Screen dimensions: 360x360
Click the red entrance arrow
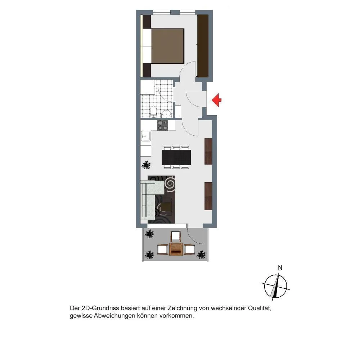pyautogui.click(x=216, y=100)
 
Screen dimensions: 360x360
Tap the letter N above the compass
pyautogui.click(x=280, y=267)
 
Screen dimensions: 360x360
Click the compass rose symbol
pyautogui.click(x=275, y=286)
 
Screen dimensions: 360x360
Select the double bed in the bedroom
pyautogui.click(x=163, y=46)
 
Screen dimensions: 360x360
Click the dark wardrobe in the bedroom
pyautogui.click(x=203, y=46)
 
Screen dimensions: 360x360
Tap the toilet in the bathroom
pyautogui.click(x=153, y=111)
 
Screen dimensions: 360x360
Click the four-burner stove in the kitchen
pyautogui.click(x=163, y=126)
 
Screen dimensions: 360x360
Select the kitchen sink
pyautogui.click(x=146, y=136)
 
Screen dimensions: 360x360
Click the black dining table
pyautogui.click(x=176, y=157)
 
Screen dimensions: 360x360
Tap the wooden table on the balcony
pyautogui.click(x=176, y=249)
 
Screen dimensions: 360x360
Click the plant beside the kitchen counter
pyautogui.click(x=146, y=165)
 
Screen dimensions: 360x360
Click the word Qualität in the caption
pyautogui.click(x=260, y=308)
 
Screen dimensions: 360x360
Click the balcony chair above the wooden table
pyautogui.click(x=176, y=235)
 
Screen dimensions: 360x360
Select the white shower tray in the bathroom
pyautogui.click(x=148, y=87)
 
